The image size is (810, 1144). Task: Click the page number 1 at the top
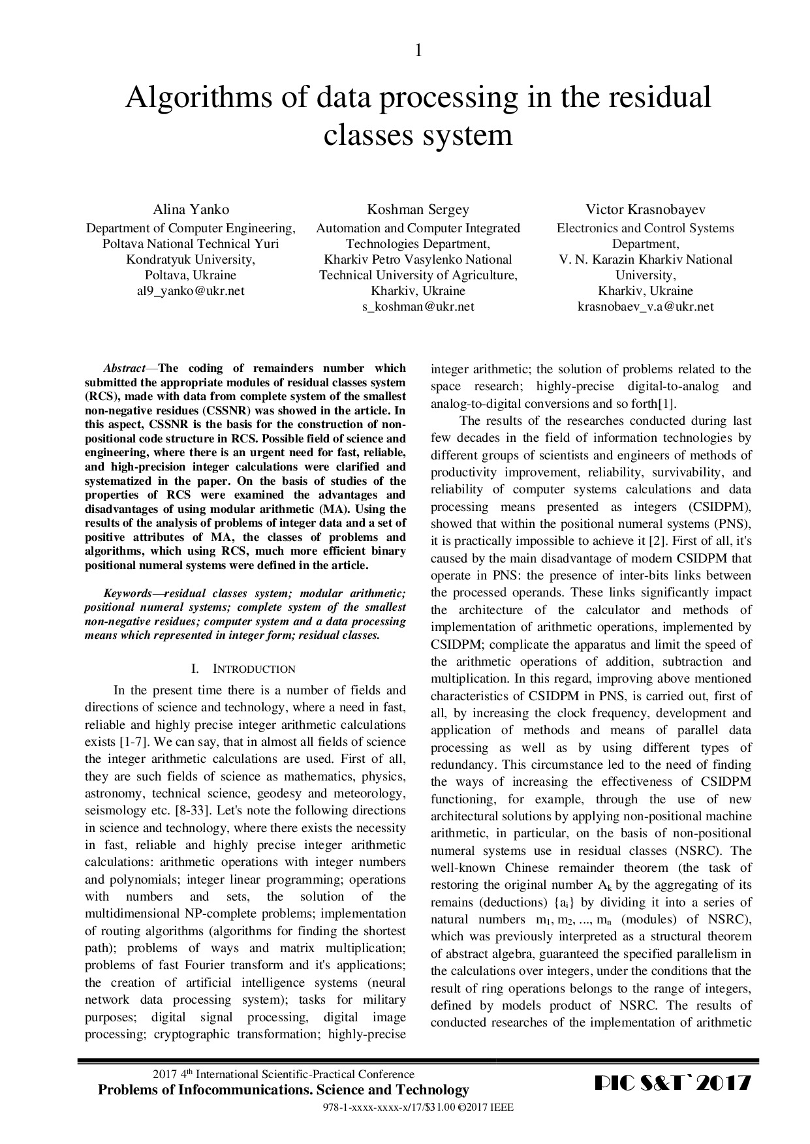click(x=418, y=50)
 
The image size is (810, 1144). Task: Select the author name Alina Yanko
click(x=191, y=209)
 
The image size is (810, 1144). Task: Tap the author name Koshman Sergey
click(x=418, y=209)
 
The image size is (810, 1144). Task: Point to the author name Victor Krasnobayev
click(x=645, y=209)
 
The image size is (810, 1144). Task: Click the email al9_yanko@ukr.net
click(x=191, y=291)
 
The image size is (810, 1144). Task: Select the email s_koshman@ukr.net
click(x=418, y=307)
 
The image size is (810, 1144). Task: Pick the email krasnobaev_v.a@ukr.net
click(x=645, y=307)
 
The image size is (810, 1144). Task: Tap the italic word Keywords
click(x=128, y=593)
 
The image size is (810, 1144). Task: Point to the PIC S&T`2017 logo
click(x=673, y=1085)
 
